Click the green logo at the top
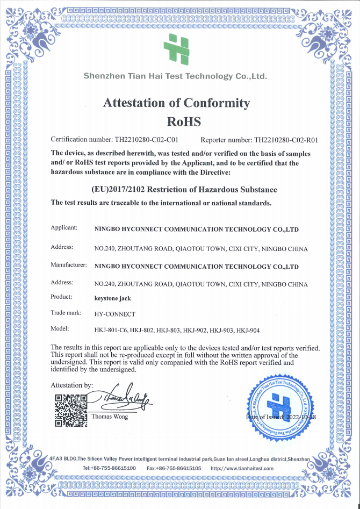177,48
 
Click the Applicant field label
64,228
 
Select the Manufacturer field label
69,265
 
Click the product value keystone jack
112,297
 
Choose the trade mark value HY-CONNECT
115,313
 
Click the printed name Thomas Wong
110,417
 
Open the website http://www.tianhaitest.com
242,468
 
